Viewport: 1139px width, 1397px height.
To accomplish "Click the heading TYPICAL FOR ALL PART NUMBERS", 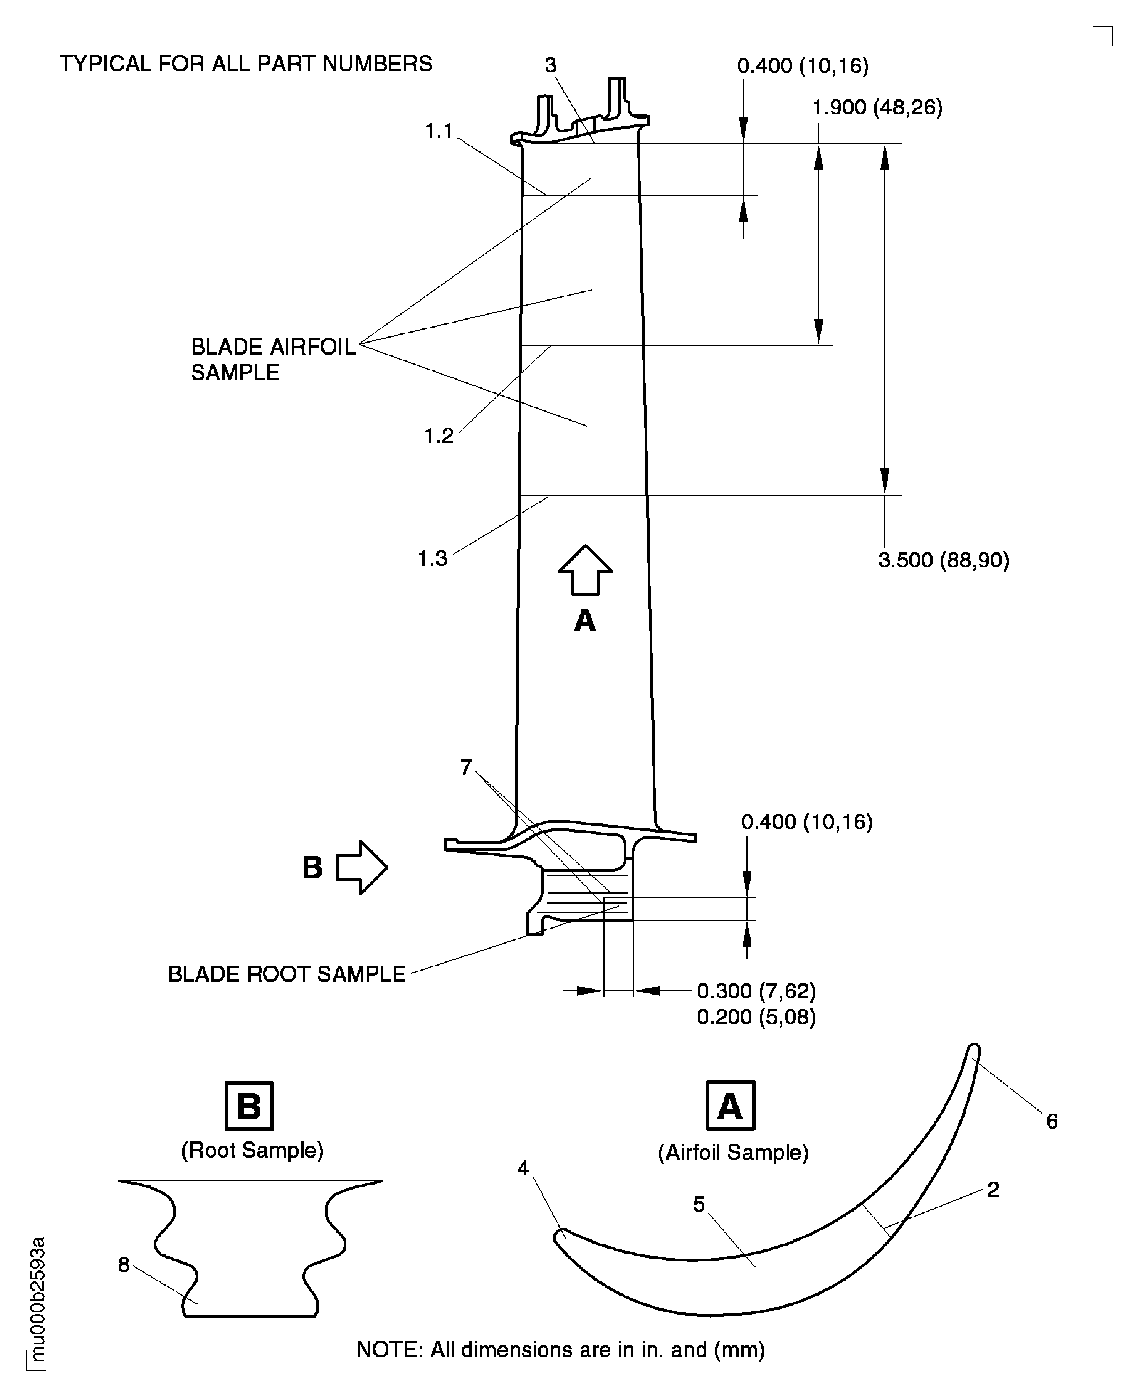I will tap(246, 63).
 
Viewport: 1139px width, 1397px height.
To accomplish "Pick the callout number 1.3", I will tap(432, 558).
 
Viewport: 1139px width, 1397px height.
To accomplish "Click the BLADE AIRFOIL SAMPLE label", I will tap(272, 359).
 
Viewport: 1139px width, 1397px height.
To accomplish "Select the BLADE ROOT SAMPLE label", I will tap(287, 974).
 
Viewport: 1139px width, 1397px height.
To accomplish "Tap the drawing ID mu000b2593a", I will tap(37, 1299).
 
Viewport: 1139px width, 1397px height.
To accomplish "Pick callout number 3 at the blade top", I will tap(550, 65).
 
